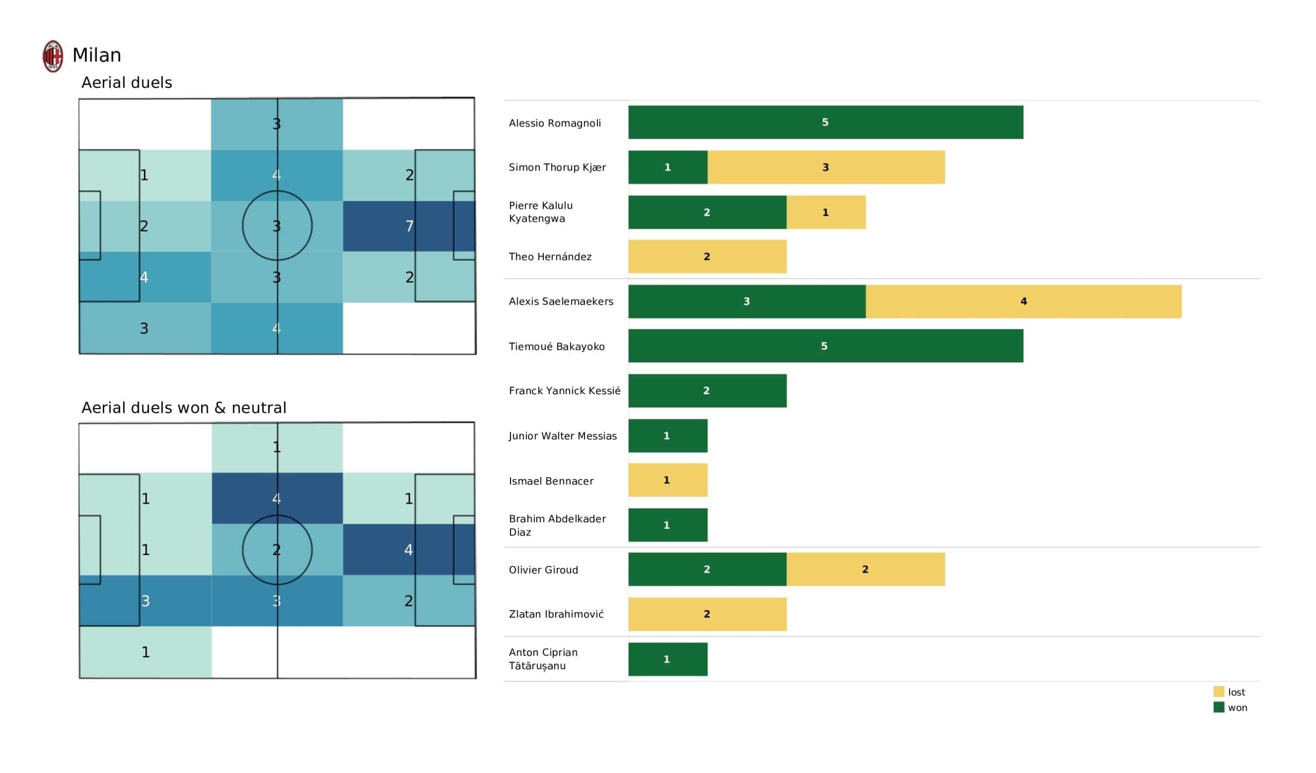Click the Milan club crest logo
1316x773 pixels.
(53, 56)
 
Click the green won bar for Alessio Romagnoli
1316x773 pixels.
(825, 122)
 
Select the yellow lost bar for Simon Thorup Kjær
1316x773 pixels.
(826, 167)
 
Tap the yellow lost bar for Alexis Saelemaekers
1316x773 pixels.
(1023, 301)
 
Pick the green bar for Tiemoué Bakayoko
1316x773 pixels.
(825, 346)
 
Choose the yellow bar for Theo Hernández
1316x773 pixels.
(707, 256)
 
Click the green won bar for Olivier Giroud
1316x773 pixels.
(707, 569)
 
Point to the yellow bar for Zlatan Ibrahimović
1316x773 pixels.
(707, 614)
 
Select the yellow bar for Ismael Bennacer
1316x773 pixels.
(667, 480)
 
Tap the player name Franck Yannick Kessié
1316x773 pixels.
(564, 391)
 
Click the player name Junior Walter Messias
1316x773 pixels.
(562, 436)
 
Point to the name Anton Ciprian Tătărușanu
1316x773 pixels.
(543, 658)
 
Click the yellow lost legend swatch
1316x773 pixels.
(1218, 691)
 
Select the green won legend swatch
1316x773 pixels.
(1218, 707)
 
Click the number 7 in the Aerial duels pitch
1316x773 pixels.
(409, 226)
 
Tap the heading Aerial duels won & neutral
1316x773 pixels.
(184, 408)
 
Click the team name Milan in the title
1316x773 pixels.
(97, 55)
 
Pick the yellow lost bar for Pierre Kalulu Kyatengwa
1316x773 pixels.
(826, 212)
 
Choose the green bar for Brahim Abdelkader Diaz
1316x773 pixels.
(667, 525)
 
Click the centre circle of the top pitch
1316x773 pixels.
(277, 226)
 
